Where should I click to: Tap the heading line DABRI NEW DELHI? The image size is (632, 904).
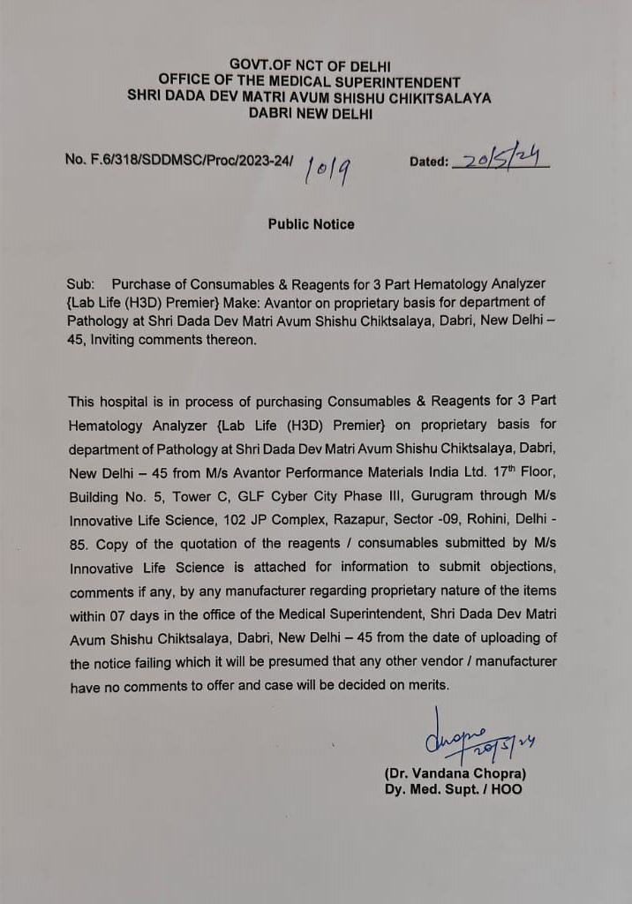(x=310, y=113)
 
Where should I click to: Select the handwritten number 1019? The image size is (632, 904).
(x=327, y=167)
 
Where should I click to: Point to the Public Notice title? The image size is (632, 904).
(x=311, y=224)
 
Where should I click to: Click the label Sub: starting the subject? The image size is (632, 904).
(x=80, y=284)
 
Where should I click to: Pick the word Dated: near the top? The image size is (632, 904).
(x=429, y=162)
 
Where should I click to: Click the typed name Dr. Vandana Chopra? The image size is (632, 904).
(x=455, y=773)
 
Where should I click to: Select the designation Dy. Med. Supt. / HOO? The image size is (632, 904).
(x=453, y=789)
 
